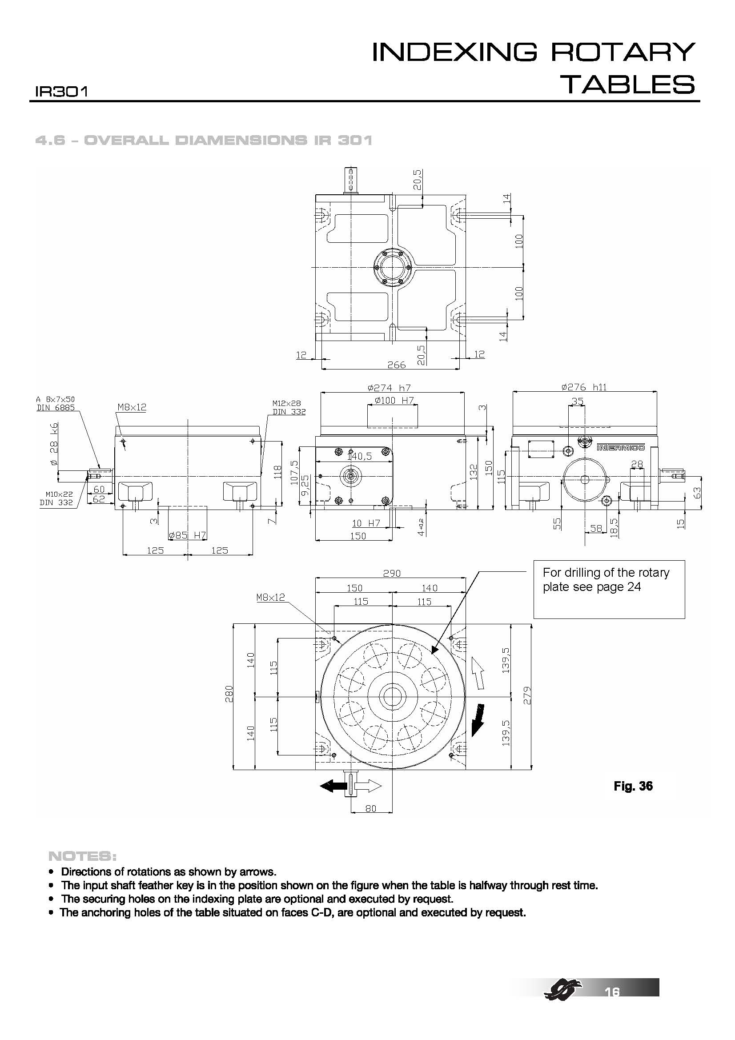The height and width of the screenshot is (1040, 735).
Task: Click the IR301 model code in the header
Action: [x=61, y=92]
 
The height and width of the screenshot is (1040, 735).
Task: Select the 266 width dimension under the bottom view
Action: [x=396, y=365]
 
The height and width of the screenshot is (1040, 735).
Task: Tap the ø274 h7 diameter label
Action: [x=389, y=388]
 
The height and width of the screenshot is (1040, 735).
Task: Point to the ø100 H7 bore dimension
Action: [x=394, y=401]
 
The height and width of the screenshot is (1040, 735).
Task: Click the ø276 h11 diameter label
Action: [x=584, y=387]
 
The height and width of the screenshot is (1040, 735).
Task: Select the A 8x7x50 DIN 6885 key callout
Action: [x=55, y=403]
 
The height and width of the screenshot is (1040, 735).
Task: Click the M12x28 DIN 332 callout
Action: [x=289, y=407]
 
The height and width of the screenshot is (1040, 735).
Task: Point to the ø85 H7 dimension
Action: [x=187, y=535]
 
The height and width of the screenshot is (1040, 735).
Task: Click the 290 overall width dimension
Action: [x=392, y=573]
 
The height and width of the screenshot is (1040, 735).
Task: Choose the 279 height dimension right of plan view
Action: [x=526, y=695]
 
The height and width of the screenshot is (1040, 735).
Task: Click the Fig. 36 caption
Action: [x=633, y=786]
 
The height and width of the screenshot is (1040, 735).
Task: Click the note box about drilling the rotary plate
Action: [x=609, y=589]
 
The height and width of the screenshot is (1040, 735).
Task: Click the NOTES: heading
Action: [x=82, y=856]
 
